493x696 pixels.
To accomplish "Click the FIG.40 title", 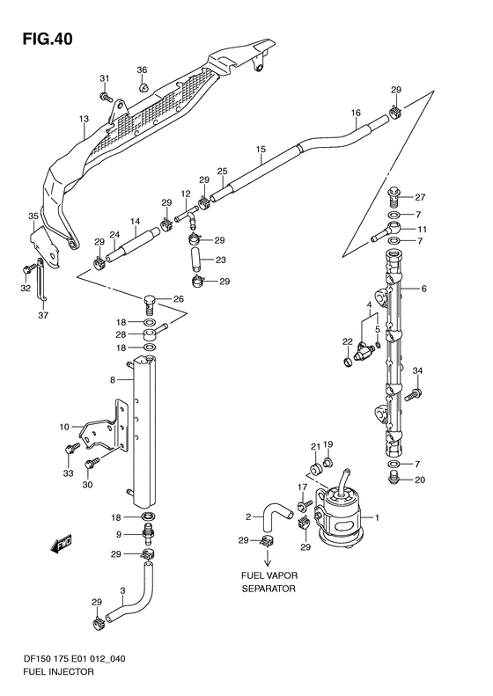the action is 48,39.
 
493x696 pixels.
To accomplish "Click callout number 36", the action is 142,70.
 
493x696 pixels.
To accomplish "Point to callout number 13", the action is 84,119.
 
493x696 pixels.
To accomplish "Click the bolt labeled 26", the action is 151,304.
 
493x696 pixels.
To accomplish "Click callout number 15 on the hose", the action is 261,150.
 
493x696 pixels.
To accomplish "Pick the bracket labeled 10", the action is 101,427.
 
